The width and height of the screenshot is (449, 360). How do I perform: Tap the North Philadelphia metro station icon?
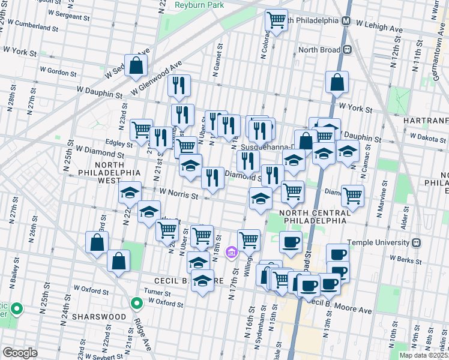pyautogui.click(x=346, y=21)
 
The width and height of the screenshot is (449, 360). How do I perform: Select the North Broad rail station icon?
pyautogui.click(x=347, y=50)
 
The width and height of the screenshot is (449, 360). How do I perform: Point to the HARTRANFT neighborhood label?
pyautogui.click(x=426, y=121)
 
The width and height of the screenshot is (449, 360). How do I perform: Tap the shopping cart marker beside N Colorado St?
pyautogui.click(x=276, y=20)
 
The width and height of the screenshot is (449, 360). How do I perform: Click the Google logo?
pyautogui.click(x=20, y=353)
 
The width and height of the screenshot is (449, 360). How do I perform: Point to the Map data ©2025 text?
pyautogui.click(x=424, y=355)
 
